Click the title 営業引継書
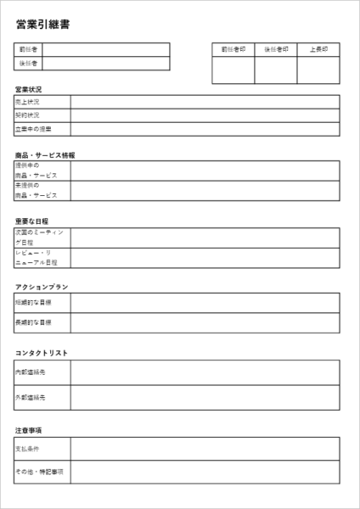(x=42, y=24)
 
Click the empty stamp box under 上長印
(x=318, y=70)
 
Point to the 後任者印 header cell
(x=276, y=49)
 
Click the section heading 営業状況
(x=28, y=89)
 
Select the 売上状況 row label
(x=42, y=102)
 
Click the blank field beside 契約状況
(x=205, y=115)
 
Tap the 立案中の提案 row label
(x=42, y=130)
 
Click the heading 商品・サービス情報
(x=45, y=155)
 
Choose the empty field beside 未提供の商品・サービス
(x=205, y=191)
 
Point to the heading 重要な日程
(x=32, y=221)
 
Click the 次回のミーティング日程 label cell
(x=42, y=237)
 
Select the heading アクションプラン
(x=42, y=287)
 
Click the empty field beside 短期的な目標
(x=205, y=302)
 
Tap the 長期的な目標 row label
(x=42, y=323)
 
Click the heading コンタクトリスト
(x=42, y=353)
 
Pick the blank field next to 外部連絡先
(x=205, y=397)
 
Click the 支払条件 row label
(x=42, y=448)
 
